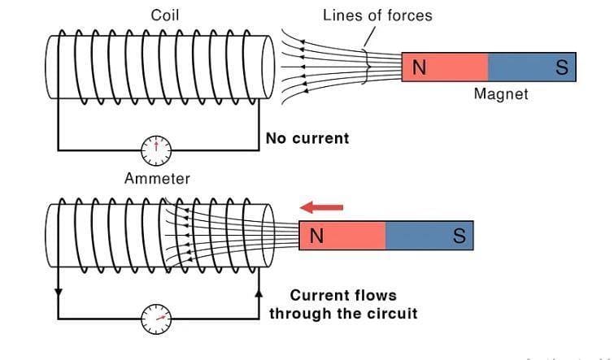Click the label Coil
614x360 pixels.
(165, 15)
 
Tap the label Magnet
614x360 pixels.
(501, 94)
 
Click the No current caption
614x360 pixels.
(307, 138)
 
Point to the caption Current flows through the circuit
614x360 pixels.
(343, 304)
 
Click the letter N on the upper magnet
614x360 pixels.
(419, 67)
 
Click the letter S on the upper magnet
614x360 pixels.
(561, 67)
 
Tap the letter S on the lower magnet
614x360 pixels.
(459, 236)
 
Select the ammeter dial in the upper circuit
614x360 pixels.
(156, 149)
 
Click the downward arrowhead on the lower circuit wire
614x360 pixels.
(58, 291)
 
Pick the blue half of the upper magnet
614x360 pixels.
(532, 67)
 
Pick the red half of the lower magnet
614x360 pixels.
(342, 236)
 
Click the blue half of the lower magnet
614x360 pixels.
(429, 236)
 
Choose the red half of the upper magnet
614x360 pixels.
(446, 67)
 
